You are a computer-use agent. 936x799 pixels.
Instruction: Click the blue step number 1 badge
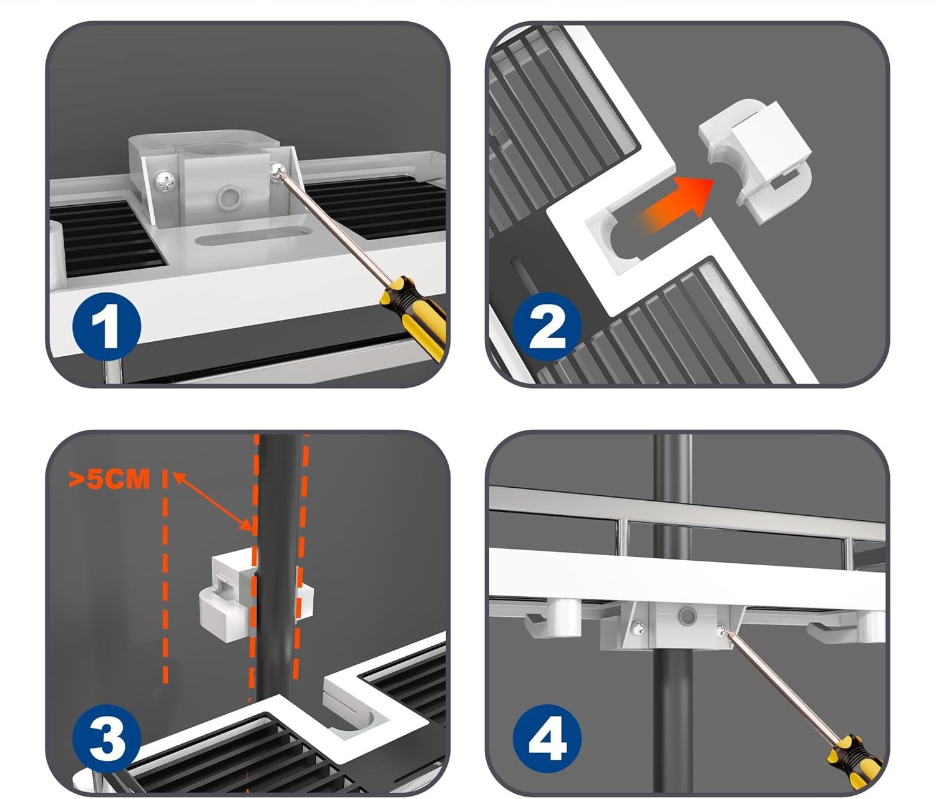tap(107, 326)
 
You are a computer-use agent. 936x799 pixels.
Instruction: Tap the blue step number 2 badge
tap(547, 326)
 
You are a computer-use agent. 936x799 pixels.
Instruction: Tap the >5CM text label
tap(109, 479)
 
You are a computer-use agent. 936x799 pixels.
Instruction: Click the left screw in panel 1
tap(164, 182)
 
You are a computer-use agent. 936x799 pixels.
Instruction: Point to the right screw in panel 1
tap(278, 170)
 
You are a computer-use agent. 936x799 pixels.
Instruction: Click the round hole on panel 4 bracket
tap(688, 616)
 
